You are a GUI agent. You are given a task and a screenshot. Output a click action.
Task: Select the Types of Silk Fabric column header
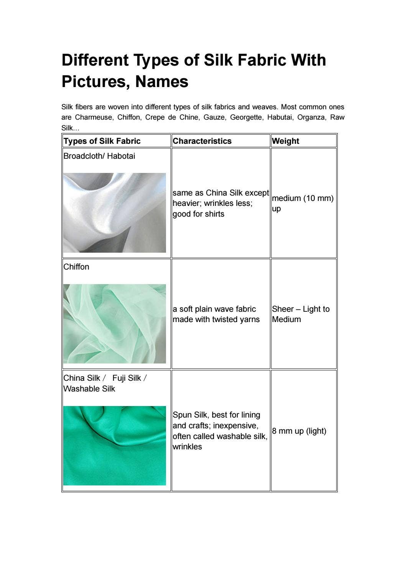click(102, 141)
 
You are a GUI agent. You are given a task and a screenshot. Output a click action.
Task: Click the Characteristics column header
click(202, 141)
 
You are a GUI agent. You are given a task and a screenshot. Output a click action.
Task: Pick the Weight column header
click(285, 141)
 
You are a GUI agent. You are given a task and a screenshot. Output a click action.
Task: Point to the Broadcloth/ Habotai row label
click(99, 156)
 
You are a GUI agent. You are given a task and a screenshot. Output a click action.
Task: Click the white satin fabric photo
click(115, 213)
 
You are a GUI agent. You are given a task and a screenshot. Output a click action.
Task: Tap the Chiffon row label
click(76, 267)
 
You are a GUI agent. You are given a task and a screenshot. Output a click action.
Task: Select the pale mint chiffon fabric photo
click(115, 324)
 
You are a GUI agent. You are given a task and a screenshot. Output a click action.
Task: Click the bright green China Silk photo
click(115, 446)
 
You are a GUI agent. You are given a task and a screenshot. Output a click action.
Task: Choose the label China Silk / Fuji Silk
click(105, 378)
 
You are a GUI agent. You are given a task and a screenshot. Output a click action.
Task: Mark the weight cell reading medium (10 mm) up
click(302, 203)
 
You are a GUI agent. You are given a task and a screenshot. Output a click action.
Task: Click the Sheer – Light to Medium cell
click(301, 314)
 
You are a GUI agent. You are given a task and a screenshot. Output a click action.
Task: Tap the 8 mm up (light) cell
click(299, 431)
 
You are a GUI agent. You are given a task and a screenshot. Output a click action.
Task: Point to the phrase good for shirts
click(198, 214)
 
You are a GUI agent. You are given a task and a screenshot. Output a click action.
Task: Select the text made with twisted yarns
click(216, 319)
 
